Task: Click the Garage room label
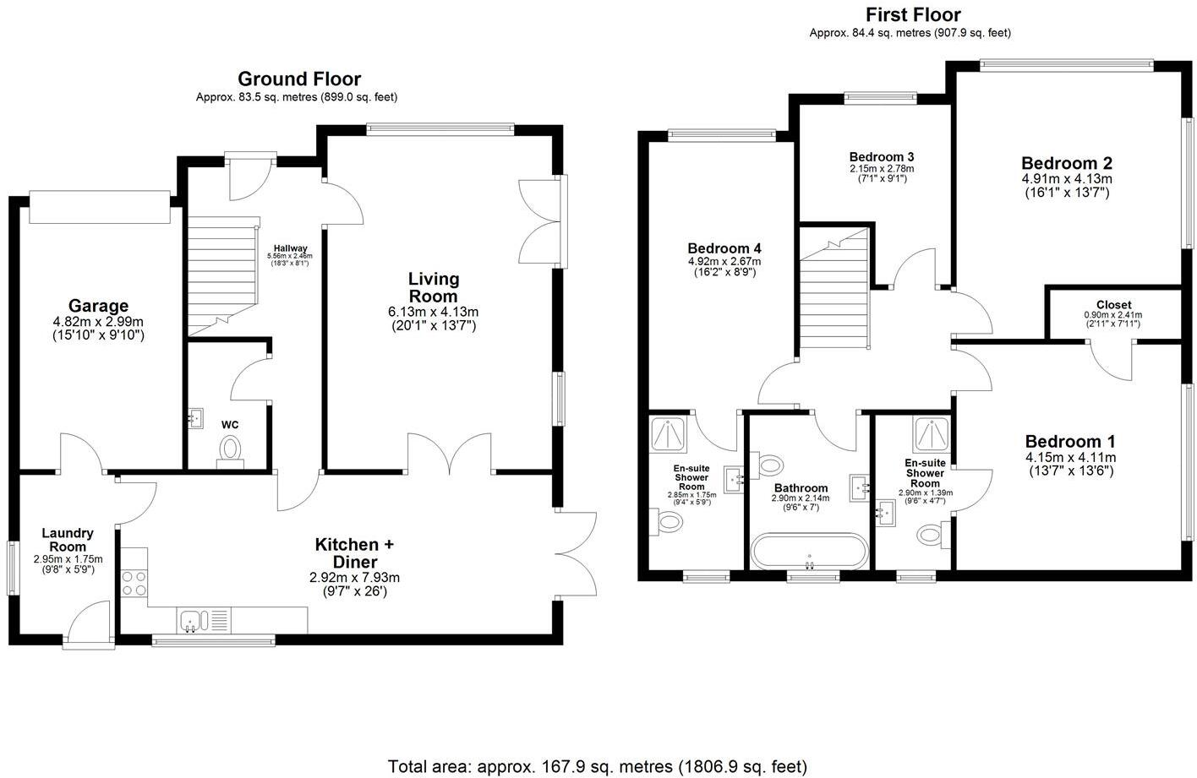click(x=98, y=306)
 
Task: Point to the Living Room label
click(x=434, y=287)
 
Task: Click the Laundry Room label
click(x=68, y=540)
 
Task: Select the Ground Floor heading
click(x=298, y=79)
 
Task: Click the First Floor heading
click(x=913, y=14)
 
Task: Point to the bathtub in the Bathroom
click(x=809, y=552)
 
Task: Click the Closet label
click(x=1113, y=305)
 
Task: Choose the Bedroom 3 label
click(x=882, y=157)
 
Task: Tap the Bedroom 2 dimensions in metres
click(x=1066, y=179)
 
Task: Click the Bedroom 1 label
click(x=1070, y=441)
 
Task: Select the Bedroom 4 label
click(x=724, y=248)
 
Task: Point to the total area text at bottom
click(x=598, y=766)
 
